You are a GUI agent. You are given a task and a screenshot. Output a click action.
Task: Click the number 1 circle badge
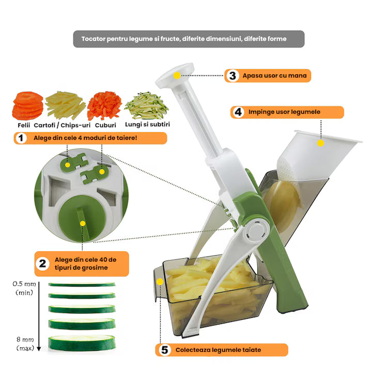tap(22, 138)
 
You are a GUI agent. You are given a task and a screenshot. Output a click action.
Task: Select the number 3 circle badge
tap(233, 76)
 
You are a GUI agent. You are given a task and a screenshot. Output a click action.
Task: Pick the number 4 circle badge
tap(238, 112)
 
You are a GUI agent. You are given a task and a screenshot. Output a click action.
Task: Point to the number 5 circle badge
tap(164, 350)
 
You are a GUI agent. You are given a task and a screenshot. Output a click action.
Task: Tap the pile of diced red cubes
tap(104, 105)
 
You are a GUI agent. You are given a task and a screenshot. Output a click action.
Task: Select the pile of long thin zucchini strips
tap(147, 105)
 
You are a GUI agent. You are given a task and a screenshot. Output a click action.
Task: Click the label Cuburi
tap(105, 125)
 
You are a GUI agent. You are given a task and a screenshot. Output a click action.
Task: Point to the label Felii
tap(21, 125)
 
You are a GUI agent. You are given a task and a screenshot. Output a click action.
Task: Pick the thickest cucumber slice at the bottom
tap(81, 342)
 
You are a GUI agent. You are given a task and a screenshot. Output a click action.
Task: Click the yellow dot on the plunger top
tap(177, 75)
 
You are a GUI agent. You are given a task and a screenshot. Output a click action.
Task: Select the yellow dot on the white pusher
tap(320, 143)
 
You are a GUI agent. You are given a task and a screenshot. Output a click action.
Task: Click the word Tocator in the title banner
tap(95, 39)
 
